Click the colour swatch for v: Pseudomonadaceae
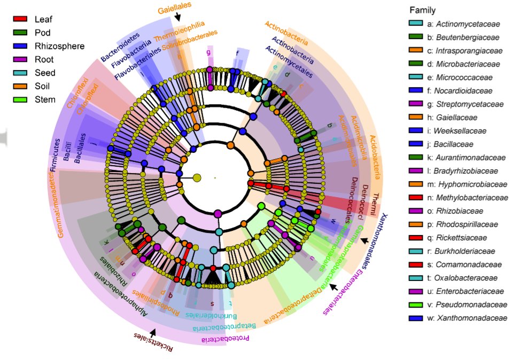coord(414,305)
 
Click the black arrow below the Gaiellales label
coord(177,18)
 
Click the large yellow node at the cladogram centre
coord(197,177)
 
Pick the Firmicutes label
coord(55,170)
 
